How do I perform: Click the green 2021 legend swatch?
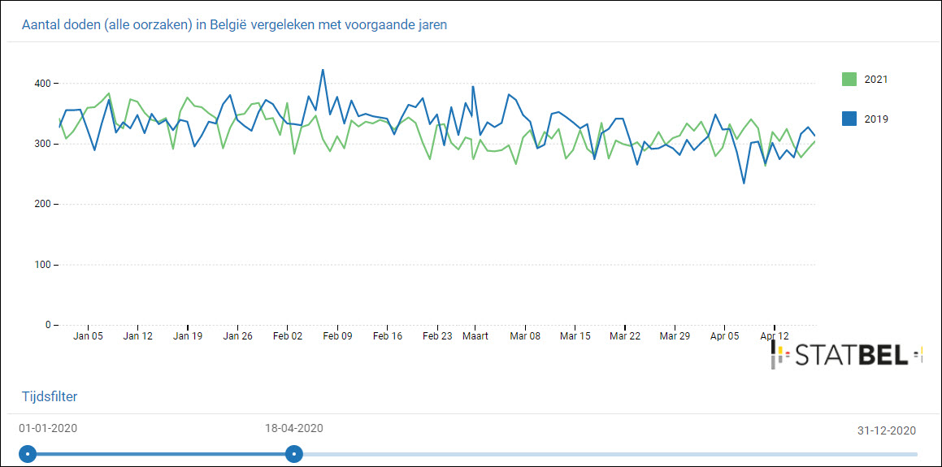pyautogui.click(x=849, y=80)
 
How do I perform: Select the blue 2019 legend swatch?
pyautogui.click(x=849, y=119)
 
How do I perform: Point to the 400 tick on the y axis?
pyautogui.click(x=42, y=84)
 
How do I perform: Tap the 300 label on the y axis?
pyautogui.click(x=42, y=144)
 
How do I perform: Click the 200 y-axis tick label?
pyautogui.click(x=42, y=205)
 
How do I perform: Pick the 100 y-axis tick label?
pyautogui.click(x=42, y=265)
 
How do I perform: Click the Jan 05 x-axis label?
pyautogui.click(x=88, y=336)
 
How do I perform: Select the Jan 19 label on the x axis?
pyautogui.click(x=188, y=336)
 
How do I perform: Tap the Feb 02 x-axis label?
pyautogui.click(x=288, y=336)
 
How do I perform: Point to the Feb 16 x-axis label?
pyautogui.click(x=387, y=336)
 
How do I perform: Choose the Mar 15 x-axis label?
pyautogui.click(x=575, y=336)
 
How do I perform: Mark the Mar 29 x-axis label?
pyautogui.click(x=675, y=336)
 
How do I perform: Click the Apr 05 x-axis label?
pyautogui.click(x=725, y=336)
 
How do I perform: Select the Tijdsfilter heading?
pyautogui.click(x=50, y=396)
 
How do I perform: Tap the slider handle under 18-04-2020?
pyautogui.click(x=294, y=453)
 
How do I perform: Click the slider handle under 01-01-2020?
pyautogui.click(x=28, y=453)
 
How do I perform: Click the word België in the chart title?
pyautogui.click(x=232, y=24)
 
